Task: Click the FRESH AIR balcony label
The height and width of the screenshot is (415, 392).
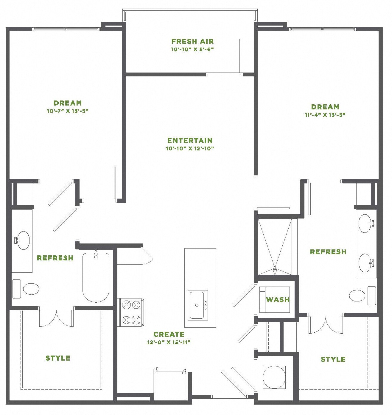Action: pyautogui.click(x=192, y=41)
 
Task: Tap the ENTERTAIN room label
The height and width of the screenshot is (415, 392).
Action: pyautogui.click(x=190, y=140)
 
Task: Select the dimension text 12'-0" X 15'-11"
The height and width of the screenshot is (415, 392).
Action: pyautogui.click(x=169, y=342)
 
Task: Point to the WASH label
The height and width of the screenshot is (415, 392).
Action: pyautogui.click(x=278, y=300)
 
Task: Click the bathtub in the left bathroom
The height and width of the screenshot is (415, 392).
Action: pyautogui.click(x=96, y=277)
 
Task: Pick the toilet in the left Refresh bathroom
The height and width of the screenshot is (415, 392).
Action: pyautogui.click(x=31, y=289)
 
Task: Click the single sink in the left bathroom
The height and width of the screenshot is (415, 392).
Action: pyautogui.click(x=23, y=240)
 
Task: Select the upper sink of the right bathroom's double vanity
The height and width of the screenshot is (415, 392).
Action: pyautogui.click(x=365, y=223)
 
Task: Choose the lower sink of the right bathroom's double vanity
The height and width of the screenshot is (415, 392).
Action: pyautogui.click(x=365, y=263)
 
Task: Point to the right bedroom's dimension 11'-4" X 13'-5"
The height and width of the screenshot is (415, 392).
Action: pyautogui.click(x=325, y=115)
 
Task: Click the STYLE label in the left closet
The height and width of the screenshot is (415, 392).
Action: pyautogui.click(x=58, y=358)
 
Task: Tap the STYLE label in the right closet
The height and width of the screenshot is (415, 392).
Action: pyautogui.click(x=333, y=359)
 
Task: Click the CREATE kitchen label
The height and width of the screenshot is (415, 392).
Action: pyautogui.click(x=169, y=334)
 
